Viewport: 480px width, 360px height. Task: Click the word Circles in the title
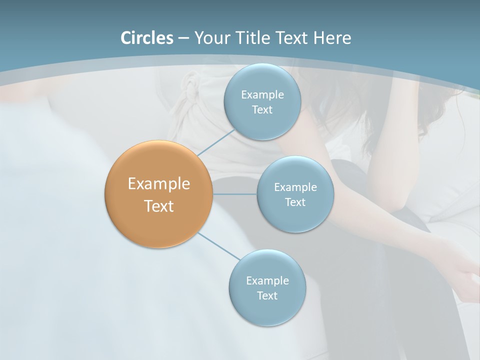point(147,38)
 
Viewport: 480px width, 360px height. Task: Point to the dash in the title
point(183,38)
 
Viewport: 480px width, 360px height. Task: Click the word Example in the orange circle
point(159,184)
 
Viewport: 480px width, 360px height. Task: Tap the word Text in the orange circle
point(159,206)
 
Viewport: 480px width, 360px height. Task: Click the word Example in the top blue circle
point(262,95)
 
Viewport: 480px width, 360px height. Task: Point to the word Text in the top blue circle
point(262,110)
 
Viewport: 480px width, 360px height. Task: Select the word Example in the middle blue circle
point(295,187)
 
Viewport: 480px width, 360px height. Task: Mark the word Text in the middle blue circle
point(295,202)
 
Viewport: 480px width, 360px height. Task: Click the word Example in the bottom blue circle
point(267,281)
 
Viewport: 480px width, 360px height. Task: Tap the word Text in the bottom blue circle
point(267,296)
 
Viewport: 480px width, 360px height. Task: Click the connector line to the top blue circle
point(216,143)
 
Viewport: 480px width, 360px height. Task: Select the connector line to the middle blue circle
point(235,194)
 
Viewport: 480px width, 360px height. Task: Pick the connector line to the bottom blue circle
point(219,246)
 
